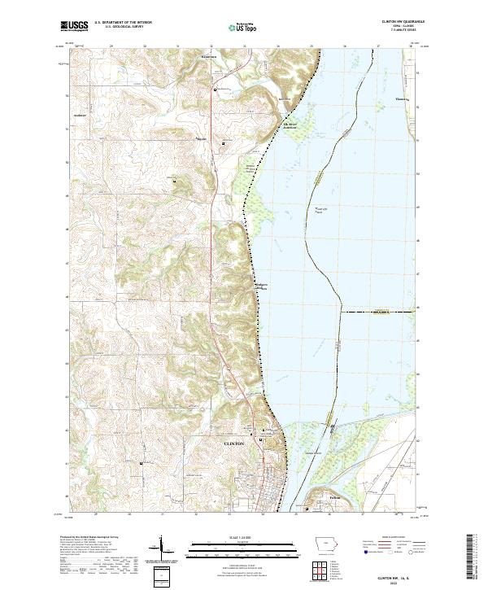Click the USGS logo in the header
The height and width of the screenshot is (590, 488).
pos(74,26)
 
